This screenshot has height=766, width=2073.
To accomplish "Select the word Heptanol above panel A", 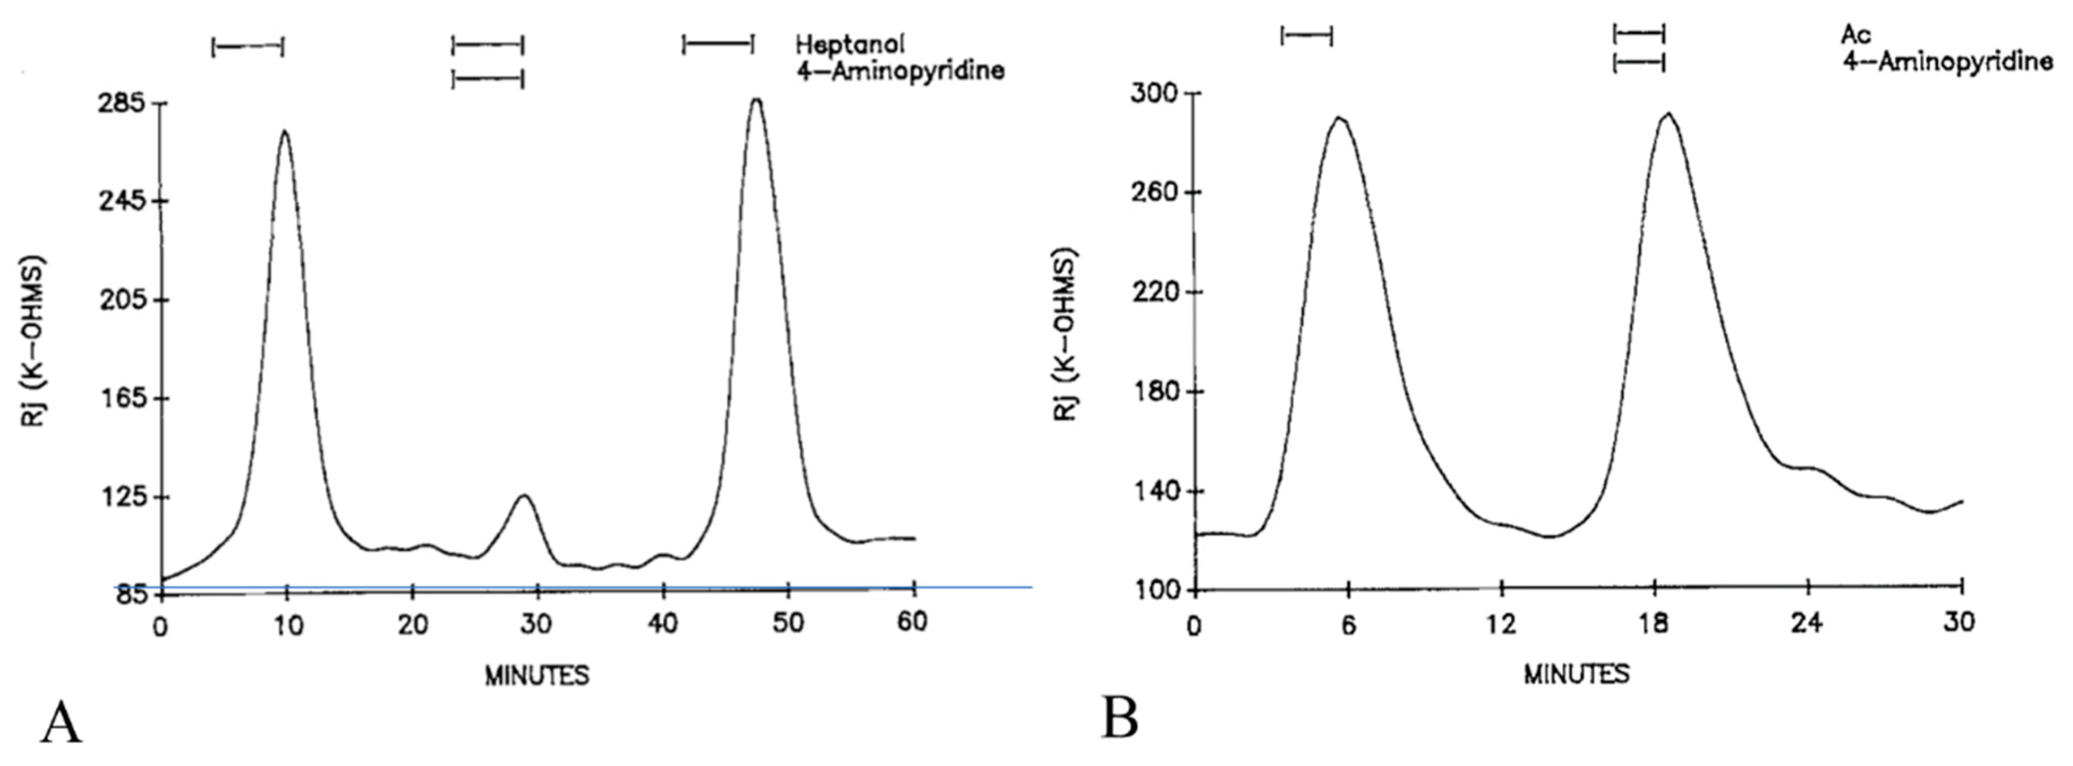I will coord(850,44).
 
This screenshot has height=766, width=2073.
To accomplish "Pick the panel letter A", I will coord(61,722).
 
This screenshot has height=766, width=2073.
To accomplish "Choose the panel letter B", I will coord(1120,718).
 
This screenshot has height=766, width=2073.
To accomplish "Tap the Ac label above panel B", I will coord(1856,35).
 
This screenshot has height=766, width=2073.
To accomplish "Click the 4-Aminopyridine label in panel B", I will coord(1947,61).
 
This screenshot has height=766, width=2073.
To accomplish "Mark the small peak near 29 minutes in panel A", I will coord(524,496).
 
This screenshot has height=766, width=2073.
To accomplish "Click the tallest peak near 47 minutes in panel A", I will coord(756,100).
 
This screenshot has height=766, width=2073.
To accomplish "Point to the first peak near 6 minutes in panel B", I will coord(1339,118).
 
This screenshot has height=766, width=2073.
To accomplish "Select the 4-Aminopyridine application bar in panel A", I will coord(488,78).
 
